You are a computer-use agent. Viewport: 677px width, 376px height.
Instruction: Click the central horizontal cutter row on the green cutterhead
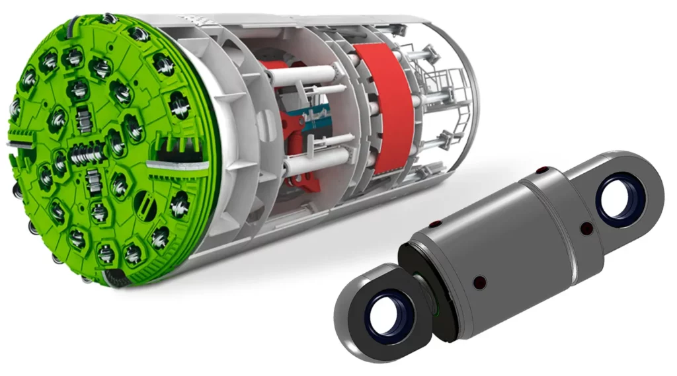pos(87,154)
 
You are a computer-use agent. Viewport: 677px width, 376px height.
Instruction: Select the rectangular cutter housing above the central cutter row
pos(83,120)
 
